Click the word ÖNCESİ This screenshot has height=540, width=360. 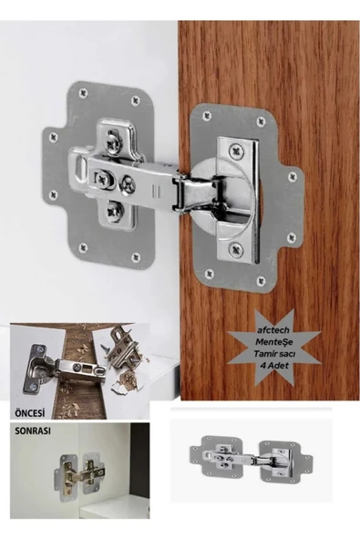coord(30,412)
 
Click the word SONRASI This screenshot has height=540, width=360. coord(33,431)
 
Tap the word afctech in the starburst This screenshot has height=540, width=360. coord(273,330)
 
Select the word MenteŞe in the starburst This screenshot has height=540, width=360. coord(273,342)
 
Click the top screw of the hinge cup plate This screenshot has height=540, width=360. coord(236,151)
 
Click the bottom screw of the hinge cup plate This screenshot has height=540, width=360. coord(236,249)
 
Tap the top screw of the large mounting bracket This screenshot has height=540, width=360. coord(115,142)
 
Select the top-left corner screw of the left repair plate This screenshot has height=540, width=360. coord(83,92)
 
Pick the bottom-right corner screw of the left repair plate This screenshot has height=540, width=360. coord(137,257)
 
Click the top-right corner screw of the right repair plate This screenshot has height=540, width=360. coord(262,121)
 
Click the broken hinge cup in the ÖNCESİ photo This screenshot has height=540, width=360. coord(37,368)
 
